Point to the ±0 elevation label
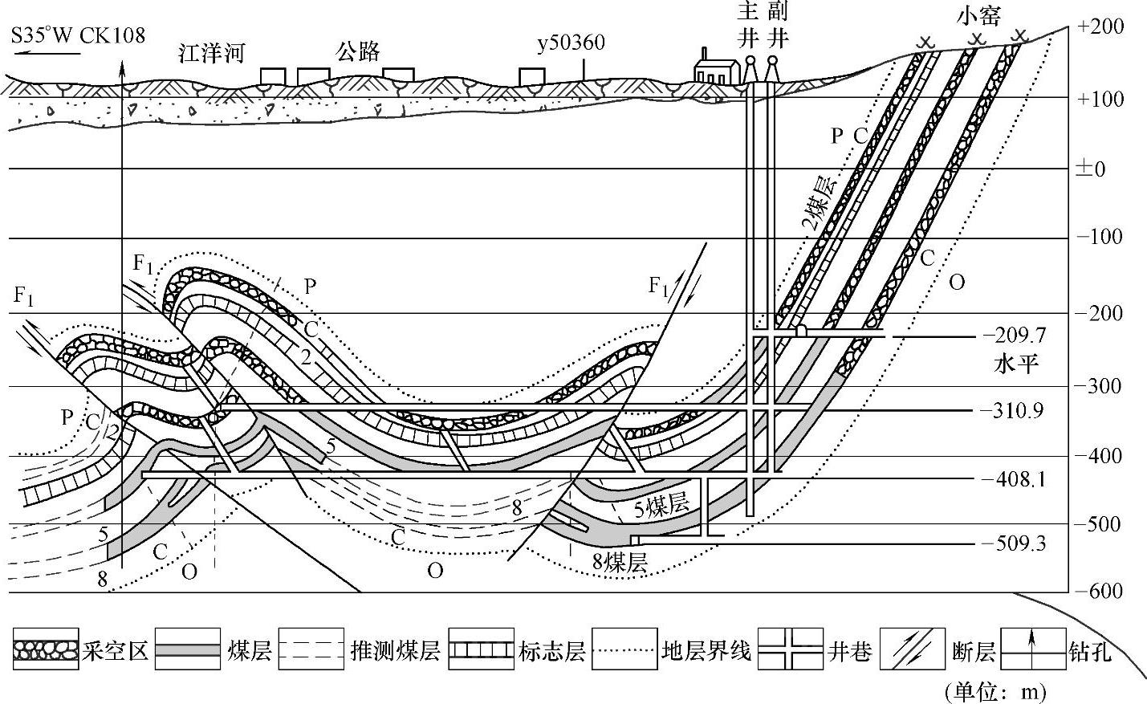[x=1090, y=169]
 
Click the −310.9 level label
[x=1012, y=412]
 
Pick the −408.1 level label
[x=1014, y=480]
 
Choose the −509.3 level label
[x=1014, y=544]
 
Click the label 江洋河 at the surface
[x=211, y=54]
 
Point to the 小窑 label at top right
[x=979, y=16]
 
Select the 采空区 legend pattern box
[x=46, y=649]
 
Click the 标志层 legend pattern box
[x=481, y=649]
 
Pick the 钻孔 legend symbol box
[x=1032, y=649]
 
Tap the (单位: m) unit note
[x=995, y=690]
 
